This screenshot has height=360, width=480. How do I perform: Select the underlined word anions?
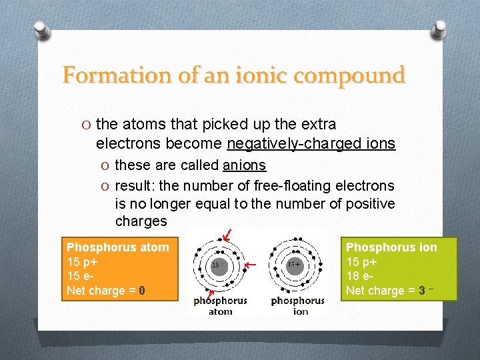point(244,165)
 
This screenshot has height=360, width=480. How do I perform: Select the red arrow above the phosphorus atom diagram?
point(228,234)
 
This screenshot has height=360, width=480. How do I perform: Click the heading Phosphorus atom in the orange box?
point(117,247)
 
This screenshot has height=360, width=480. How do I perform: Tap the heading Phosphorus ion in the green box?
point(391,247)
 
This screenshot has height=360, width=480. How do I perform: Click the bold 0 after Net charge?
point(142,291)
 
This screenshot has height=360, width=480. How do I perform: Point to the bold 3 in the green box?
point(423,291)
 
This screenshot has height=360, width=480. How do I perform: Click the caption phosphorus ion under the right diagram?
point(298,306)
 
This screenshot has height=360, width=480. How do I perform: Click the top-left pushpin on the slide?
point(40,30)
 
